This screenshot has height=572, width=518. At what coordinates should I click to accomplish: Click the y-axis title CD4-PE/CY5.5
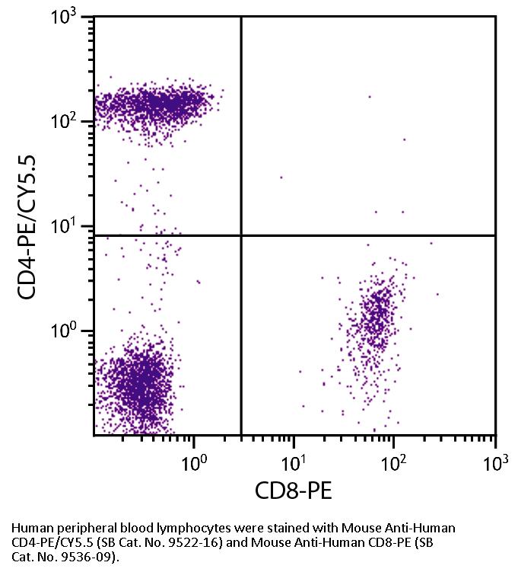pos(28,225)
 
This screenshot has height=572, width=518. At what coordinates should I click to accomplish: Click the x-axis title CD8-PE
pos(293,490)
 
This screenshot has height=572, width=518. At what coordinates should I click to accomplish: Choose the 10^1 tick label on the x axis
pos(294,461)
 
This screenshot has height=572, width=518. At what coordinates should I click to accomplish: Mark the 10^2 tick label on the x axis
pos(395,461)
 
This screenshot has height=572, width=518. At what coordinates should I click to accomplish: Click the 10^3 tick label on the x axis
pos(495,461)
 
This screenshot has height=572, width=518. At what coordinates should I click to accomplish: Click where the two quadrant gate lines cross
pos(241,235)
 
